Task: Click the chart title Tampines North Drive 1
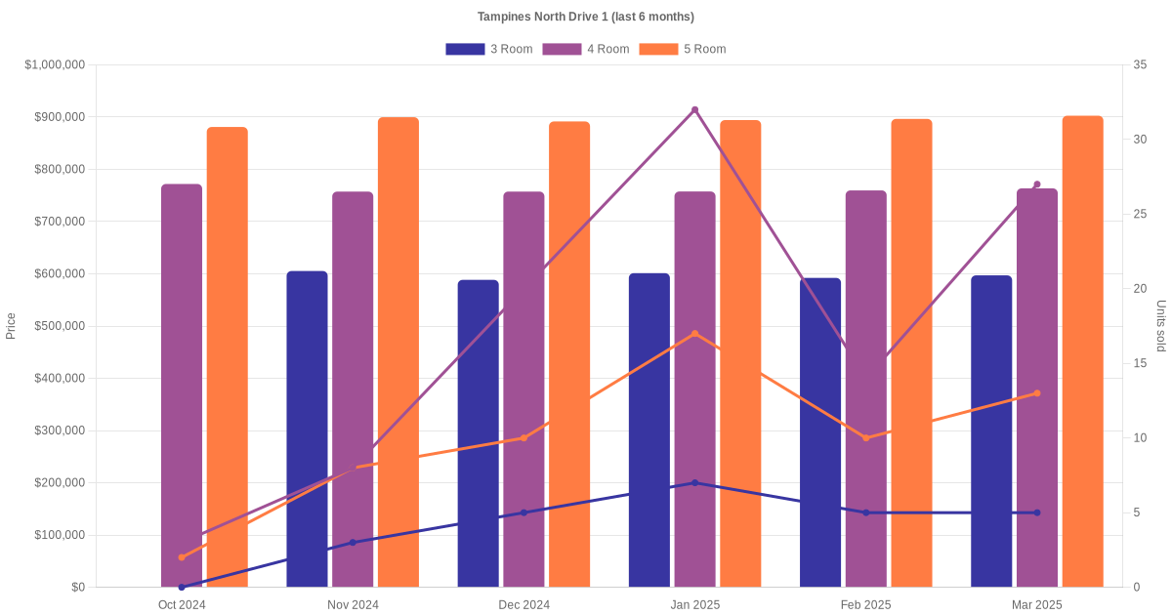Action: [x=586, y=17]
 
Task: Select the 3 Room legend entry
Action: [x=488, y=49]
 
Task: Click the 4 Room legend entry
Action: [x=585, y=49]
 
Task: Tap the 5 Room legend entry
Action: [x=682, y=49]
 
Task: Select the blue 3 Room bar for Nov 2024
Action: [x=307, y=430]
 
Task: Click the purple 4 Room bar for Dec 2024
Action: [x=523, y=390]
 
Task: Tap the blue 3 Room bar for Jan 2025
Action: [x=649, y=430]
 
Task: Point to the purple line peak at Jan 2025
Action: [x=695, y=109]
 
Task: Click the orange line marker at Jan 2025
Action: [x=695, y=334]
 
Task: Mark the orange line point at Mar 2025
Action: [x=1037, y=393]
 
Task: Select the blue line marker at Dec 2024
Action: [x=523, y=512]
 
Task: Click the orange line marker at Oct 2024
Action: [x=182, y=557]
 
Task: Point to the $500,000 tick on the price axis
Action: [x=59, y=326]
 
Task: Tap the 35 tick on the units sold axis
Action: [x=1140, y=64]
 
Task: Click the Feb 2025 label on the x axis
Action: [x=865, y=605]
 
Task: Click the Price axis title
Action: [x=11, y=326]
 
